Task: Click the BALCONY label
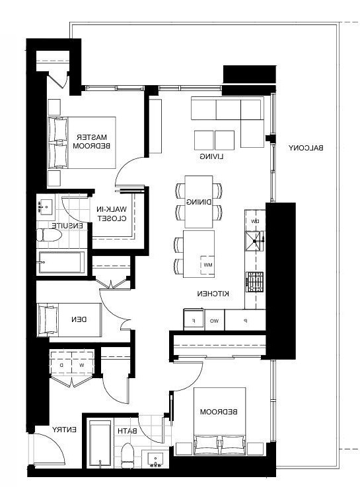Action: pyautogui.click(x=306, y=148)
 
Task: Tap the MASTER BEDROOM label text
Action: pyautogui.click(x=91, y=141)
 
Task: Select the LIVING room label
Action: pyautogui.click(x=211, y=156)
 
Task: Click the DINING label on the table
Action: pyautogui.click(x=199, y=202)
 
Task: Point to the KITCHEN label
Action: pyautogui.click(x=213, y=294)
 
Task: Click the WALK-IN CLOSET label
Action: pyautogui.click(x=112, y=214)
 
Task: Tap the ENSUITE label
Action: pyautogui.click(x=67, y=226)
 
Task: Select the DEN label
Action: pyautogui.click(x=79, y=319)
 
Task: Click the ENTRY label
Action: pyautogui.click(x=64, y=430)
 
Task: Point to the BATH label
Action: pyautogui.click(x=127, y=431)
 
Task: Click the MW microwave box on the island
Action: pyautogui.click(x=207, y=265)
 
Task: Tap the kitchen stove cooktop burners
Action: pyautogui.click(x=255, y=282)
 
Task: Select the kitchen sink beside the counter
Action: pyautogui.click(x=255, y=241)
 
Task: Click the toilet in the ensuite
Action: pyautogui.click(x=49, y=235)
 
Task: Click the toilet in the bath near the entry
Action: pyautogui.click(x=127, y=455)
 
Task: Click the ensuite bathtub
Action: pyautogui.click(x=61, y=262)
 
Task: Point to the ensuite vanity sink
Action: pyautogui.click(x=46, y=205)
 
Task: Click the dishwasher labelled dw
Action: pyautogui.click(x=255, y=221)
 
